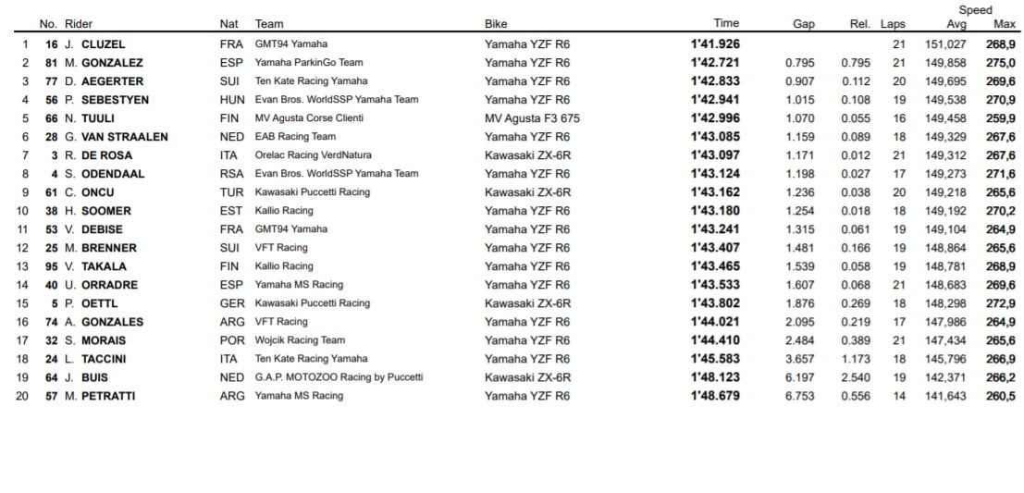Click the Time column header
point(726,24)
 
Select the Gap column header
point(803,24)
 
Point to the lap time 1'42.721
point(715,63)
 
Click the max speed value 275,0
point(1000,63)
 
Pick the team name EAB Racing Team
point(295,137)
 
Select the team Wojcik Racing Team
point(300,340)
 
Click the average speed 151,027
point(945,44)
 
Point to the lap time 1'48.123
point(715,377)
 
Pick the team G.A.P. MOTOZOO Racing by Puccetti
point(339,377)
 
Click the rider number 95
point(52,266)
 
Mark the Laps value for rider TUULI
point(899,118)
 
